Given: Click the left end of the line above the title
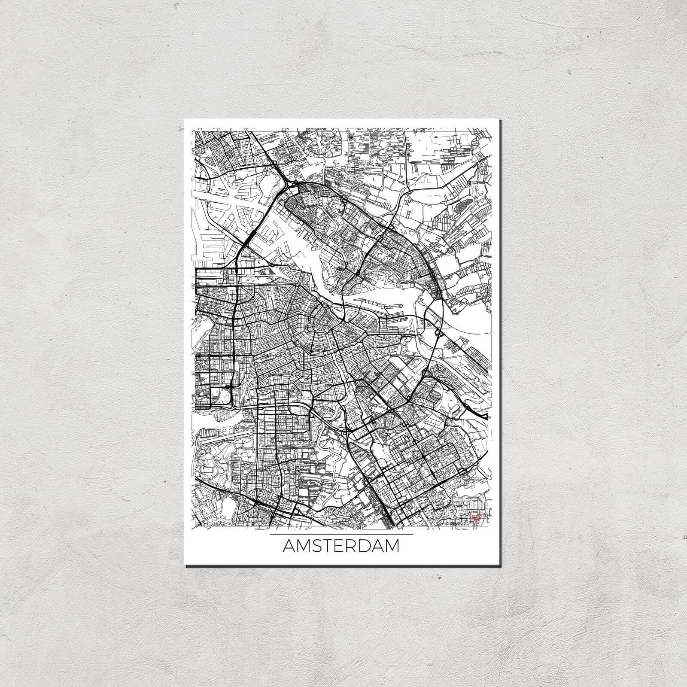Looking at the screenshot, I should pyautogui.click(x=271, y=534).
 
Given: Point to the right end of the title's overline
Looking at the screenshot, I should pyautogui.click(x=413, y=534).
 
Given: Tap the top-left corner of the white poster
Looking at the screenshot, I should pyautogui.click(x=184, y=119).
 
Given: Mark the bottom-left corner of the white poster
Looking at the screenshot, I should pyautogui.click(x=184, y=565).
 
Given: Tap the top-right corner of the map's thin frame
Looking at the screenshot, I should pyautogui.click(x=491, y=127).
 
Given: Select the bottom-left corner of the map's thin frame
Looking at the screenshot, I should pyautogui.click(x=195, y=527).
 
